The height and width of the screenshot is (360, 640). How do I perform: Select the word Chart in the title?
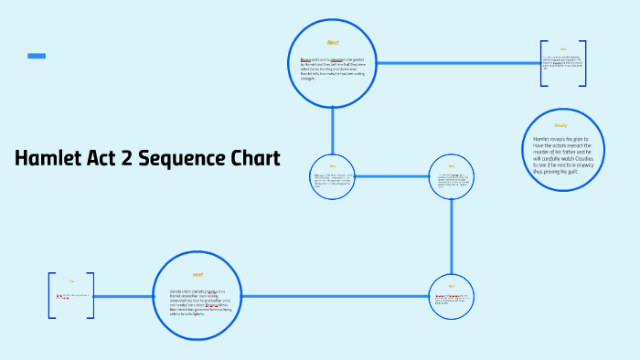coord(251,158)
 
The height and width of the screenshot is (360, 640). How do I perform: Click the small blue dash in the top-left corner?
coord(37,57)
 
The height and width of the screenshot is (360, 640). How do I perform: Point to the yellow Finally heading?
coord(560,125)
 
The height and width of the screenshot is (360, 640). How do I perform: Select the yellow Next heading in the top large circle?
coord(333,43)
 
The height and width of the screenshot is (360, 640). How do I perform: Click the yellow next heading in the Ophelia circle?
coord(197,274)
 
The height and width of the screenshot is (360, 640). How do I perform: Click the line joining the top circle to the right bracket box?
coord(457,63)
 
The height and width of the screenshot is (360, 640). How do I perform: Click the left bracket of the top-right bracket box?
coord(541,63)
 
